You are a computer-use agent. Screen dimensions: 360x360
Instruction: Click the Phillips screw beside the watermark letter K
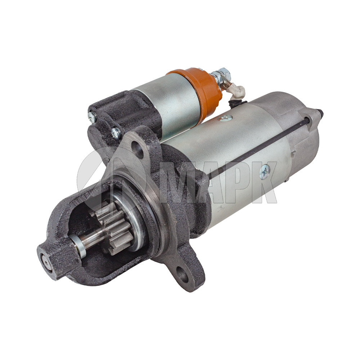coord(265,171)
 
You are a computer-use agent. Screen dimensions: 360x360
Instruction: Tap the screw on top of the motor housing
coord(225,118)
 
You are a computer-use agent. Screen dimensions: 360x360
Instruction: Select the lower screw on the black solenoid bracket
coord(116,134)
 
